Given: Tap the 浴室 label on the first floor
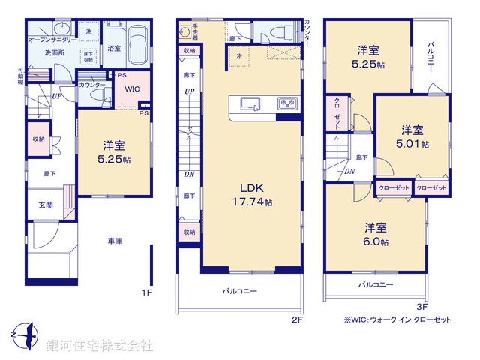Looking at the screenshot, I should (114, 48).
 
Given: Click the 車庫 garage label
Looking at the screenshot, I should (114, 241).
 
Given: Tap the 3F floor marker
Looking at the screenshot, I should (421, 306).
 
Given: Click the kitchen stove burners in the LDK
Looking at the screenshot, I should (288, 103).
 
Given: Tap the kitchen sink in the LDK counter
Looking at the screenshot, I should (248, 103).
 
